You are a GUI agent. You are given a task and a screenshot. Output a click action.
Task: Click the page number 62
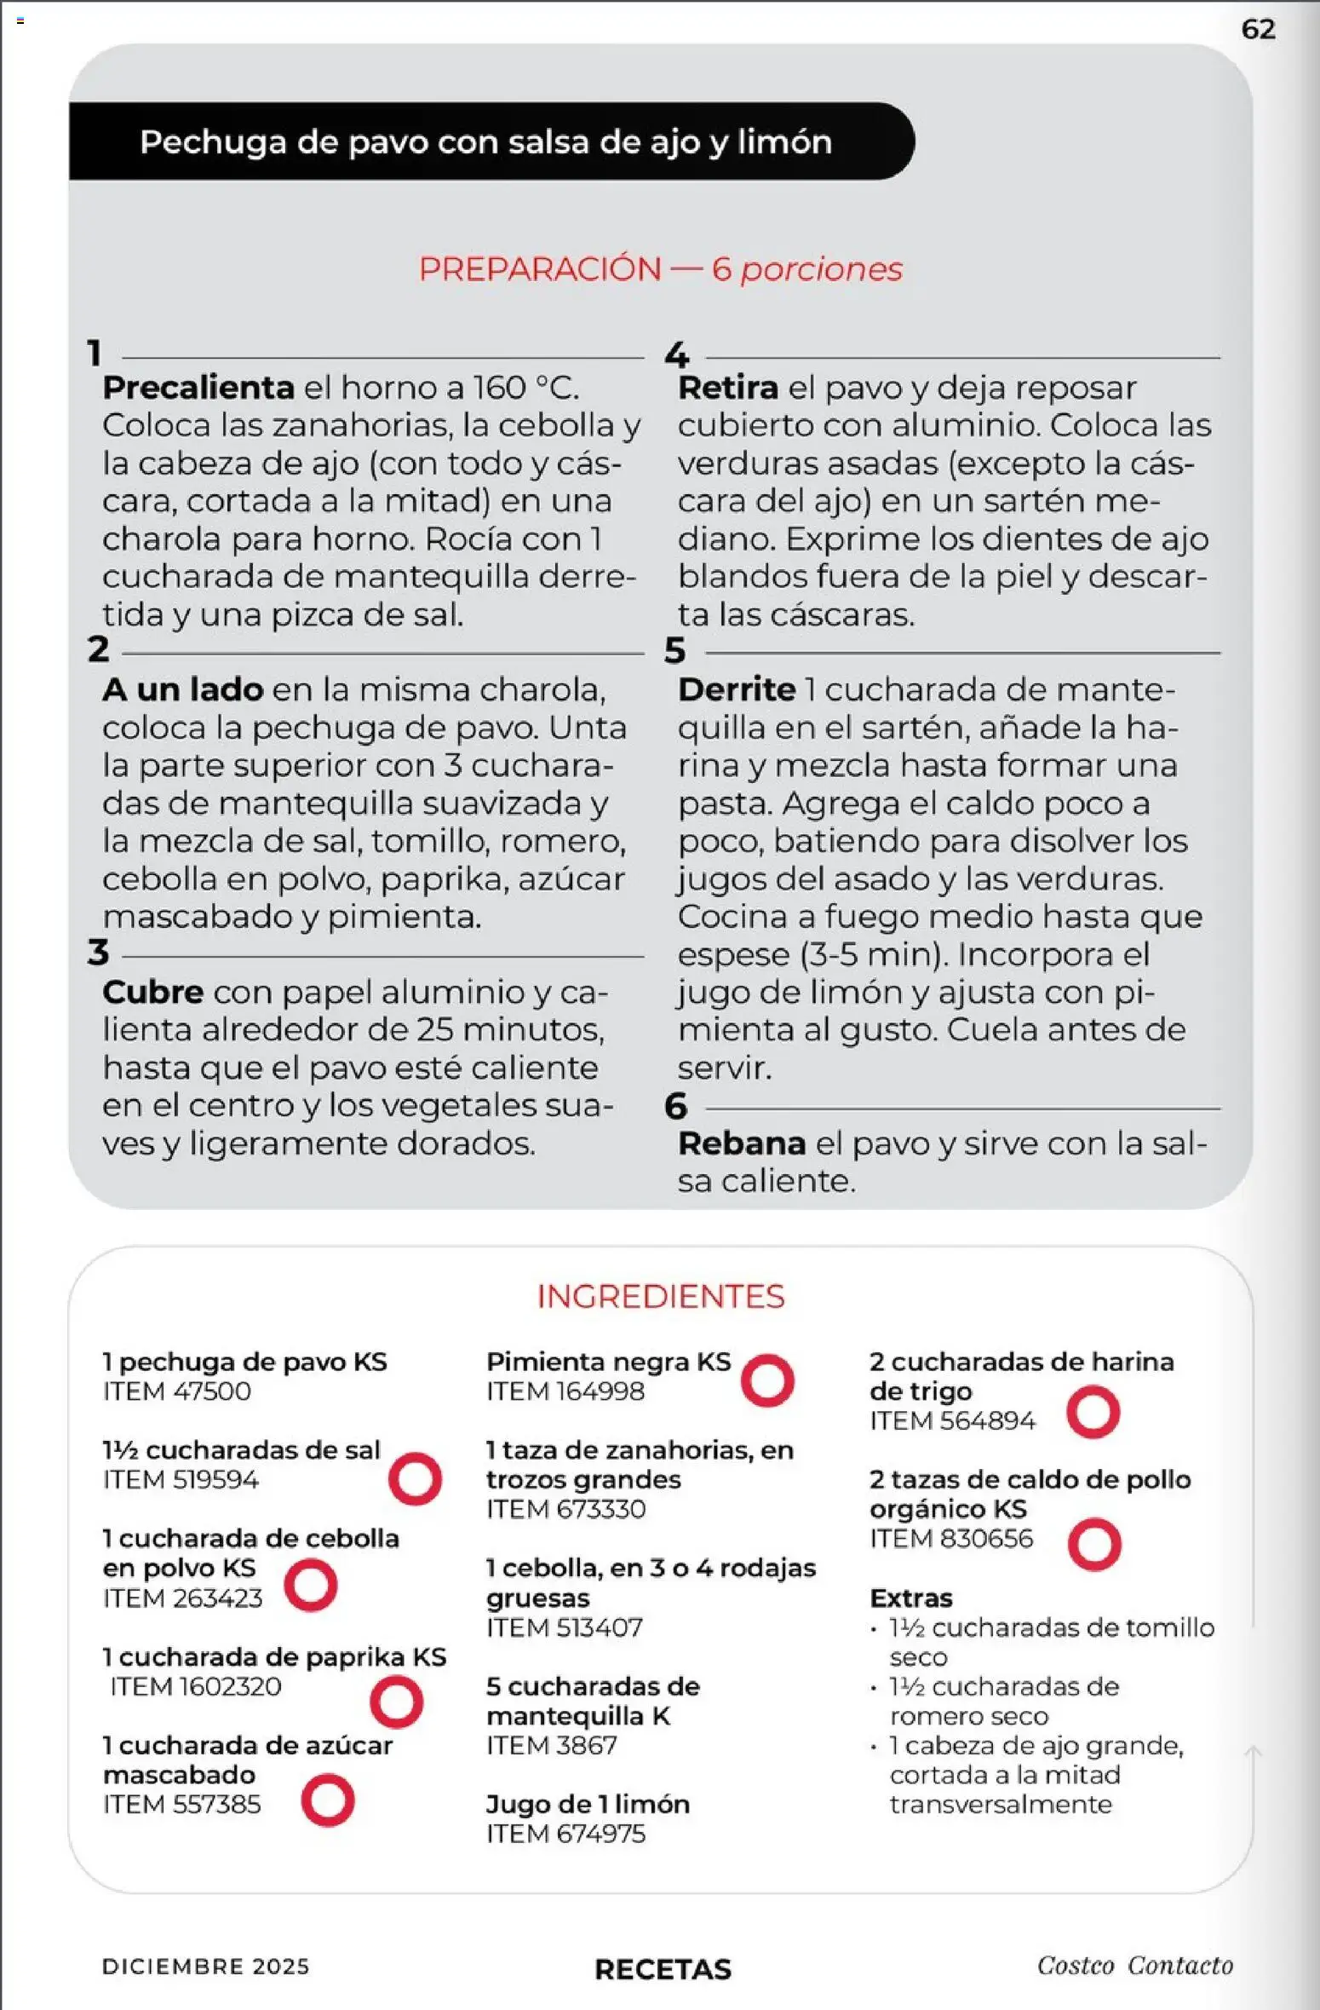point(1258,30)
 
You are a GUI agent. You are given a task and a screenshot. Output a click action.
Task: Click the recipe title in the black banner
point(485,142)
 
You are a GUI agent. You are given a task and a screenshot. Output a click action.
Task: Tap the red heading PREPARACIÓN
point(540,269)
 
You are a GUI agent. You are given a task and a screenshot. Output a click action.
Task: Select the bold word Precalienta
point(198,388)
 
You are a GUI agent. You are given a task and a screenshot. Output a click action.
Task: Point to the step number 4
point(676,354)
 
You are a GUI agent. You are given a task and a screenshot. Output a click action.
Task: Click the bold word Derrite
point(737,689)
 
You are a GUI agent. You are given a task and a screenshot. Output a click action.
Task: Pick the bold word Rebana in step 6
point(742,1143)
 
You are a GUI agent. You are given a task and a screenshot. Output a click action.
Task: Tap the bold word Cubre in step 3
point(153,992)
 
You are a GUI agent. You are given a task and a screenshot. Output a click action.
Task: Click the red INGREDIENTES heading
point(660,1296)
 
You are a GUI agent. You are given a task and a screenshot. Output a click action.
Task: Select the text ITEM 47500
point(177,1391)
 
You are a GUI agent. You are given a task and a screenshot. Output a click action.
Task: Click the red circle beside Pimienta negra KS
point(767,1380)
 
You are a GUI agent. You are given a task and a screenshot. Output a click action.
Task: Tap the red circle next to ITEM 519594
point(415,1478)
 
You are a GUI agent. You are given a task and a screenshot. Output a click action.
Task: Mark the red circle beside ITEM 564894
point(1093,1412)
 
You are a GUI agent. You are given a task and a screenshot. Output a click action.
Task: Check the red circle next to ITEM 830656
point(1094,1544)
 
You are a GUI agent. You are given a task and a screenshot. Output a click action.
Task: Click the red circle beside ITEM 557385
point(328,1800)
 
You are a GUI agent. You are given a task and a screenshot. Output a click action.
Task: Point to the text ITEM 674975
point(565,1834)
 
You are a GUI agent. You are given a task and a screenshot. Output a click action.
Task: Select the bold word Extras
point(911,1598)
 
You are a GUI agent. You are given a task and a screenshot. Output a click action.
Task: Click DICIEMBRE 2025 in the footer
point(205,1967)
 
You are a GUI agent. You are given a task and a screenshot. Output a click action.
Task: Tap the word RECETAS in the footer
point(663,1969)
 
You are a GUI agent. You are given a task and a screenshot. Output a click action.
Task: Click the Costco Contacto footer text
point(1134,1966)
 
